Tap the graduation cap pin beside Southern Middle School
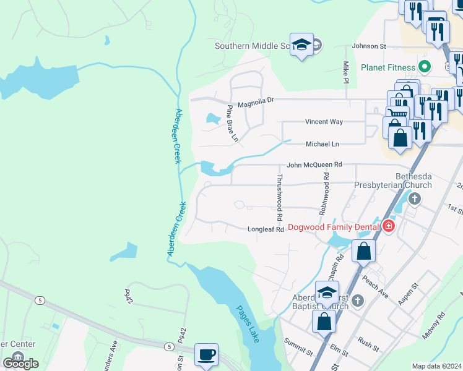coord(301,45)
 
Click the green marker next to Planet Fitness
coord(425,66)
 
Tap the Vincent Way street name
coord(323,122)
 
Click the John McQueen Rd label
coord(314,165)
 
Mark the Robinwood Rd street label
coord(323,194)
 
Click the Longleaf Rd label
coord(266,229)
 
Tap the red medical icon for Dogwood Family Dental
coord(388,226)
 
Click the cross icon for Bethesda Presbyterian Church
coord(415,198)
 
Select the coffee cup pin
coord(207,355)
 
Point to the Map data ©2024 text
coord(436,366)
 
